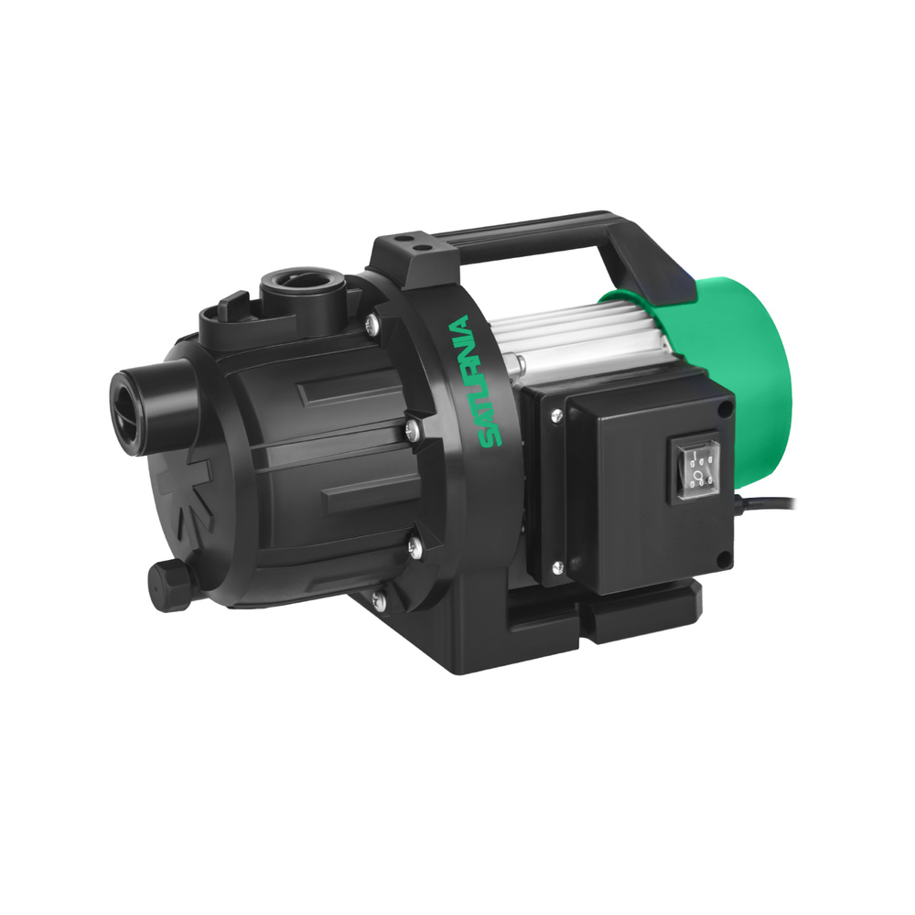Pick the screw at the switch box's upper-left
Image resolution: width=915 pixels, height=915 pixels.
tap(557, 414)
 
